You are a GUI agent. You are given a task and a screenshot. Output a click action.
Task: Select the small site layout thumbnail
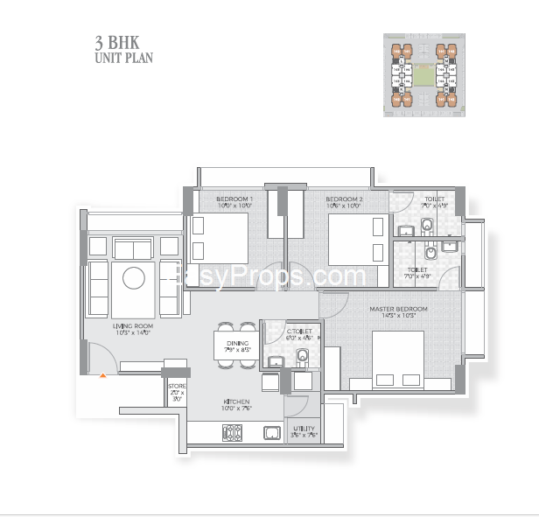point(423,74)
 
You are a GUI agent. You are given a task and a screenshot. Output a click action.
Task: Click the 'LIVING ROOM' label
point(132,326)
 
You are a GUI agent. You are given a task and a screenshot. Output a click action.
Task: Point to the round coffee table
point(134,278)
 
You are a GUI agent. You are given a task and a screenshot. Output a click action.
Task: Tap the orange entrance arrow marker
point(103,374)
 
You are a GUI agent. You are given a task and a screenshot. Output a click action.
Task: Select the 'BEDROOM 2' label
point(344,199)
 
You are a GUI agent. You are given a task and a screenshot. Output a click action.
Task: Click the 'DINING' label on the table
point(237,343)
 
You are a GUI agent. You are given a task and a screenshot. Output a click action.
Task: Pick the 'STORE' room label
point(177,386)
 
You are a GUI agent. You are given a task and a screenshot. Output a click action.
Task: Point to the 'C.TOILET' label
point(299,332)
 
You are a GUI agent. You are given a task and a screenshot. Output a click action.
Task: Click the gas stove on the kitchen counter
point(233,432)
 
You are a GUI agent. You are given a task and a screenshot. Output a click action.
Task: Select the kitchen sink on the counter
point(272,432)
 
